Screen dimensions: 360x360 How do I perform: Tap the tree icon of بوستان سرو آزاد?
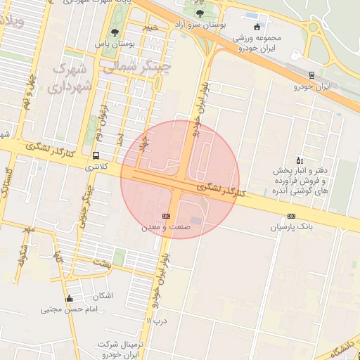pos(201,13)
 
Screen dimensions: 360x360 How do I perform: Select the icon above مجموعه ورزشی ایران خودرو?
pos(257,27)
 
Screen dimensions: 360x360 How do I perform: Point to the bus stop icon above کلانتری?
pos(96,155)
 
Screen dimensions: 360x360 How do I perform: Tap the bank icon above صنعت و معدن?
pos(166,215)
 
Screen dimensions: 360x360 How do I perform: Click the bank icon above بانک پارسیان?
pos(290,216)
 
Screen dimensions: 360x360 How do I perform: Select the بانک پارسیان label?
pos(290,228)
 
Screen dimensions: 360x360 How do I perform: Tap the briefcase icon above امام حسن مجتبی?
pos(69,299)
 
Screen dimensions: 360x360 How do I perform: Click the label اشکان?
pos(102,295)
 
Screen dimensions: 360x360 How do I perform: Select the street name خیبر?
pos(150,27)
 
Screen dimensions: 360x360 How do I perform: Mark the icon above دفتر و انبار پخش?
pos(300,160)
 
